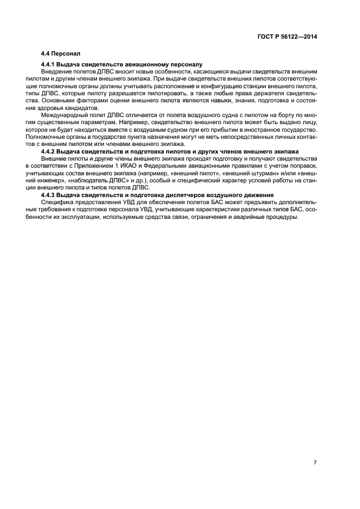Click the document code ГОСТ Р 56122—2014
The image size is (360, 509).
point(288,36)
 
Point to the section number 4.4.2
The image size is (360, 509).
point(50,150)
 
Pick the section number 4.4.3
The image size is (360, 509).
point(50,194)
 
